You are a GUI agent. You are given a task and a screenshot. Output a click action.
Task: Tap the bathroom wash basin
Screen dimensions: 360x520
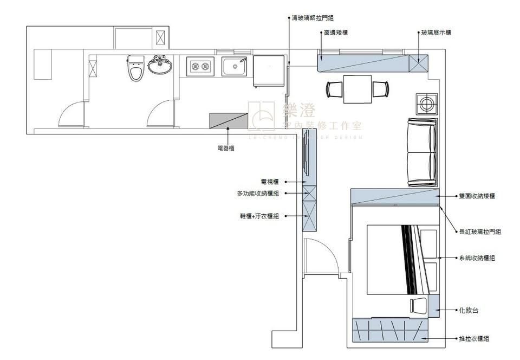coord(160,66)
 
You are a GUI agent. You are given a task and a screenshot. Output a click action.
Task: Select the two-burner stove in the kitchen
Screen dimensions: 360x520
coord(199,67)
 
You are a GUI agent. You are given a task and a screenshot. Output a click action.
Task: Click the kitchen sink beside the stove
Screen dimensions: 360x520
coord(235,67)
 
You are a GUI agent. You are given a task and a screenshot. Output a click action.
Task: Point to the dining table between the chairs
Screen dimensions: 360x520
coord(357,89)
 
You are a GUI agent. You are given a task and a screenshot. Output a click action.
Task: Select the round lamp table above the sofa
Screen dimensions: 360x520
coord(426,103)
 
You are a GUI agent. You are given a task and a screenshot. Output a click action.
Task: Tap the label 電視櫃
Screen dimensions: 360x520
coord(269,182)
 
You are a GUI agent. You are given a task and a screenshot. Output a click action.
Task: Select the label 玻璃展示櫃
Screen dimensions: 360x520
coord(436,33)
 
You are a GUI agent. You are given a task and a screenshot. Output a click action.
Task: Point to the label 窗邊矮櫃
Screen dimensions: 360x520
coord(335,33)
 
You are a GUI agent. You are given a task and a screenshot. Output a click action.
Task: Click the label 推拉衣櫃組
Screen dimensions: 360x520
coord(474,338)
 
